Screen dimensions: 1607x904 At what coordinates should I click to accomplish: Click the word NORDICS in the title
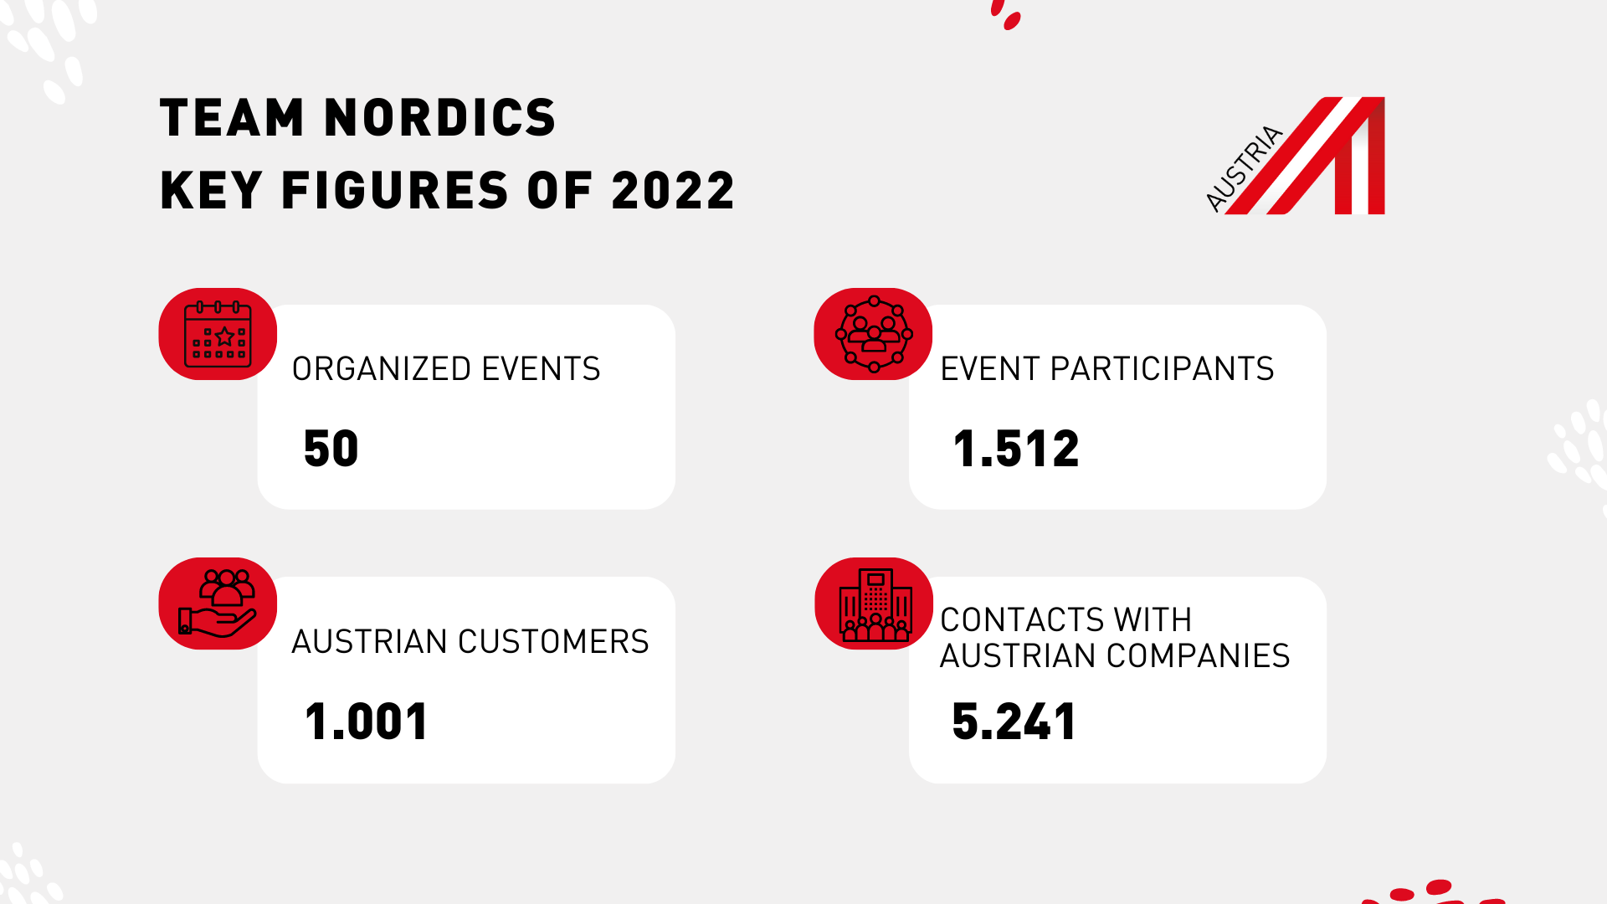point(439,117)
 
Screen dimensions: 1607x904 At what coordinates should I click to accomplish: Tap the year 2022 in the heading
point(673,190)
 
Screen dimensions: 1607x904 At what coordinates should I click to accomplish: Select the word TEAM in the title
point(232,117)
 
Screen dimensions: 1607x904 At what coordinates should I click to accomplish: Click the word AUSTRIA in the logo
point(1244,168)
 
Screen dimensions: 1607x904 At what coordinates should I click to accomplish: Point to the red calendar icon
point(218,334)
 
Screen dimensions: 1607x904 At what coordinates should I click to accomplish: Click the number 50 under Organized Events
point(331,449)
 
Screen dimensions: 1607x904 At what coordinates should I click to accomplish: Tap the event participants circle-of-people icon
point(873,334)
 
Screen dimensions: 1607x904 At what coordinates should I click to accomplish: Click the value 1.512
point(1016,449)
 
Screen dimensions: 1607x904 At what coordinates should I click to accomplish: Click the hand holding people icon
point(218,604)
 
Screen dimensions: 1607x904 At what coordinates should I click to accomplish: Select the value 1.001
point(367,722)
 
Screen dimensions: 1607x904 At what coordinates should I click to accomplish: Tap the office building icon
point(874,604)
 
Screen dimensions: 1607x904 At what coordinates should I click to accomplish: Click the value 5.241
point(1014,722)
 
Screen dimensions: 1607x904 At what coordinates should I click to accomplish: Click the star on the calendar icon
point(225,336)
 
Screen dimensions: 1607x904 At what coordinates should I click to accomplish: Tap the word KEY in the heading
point(211,190)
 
